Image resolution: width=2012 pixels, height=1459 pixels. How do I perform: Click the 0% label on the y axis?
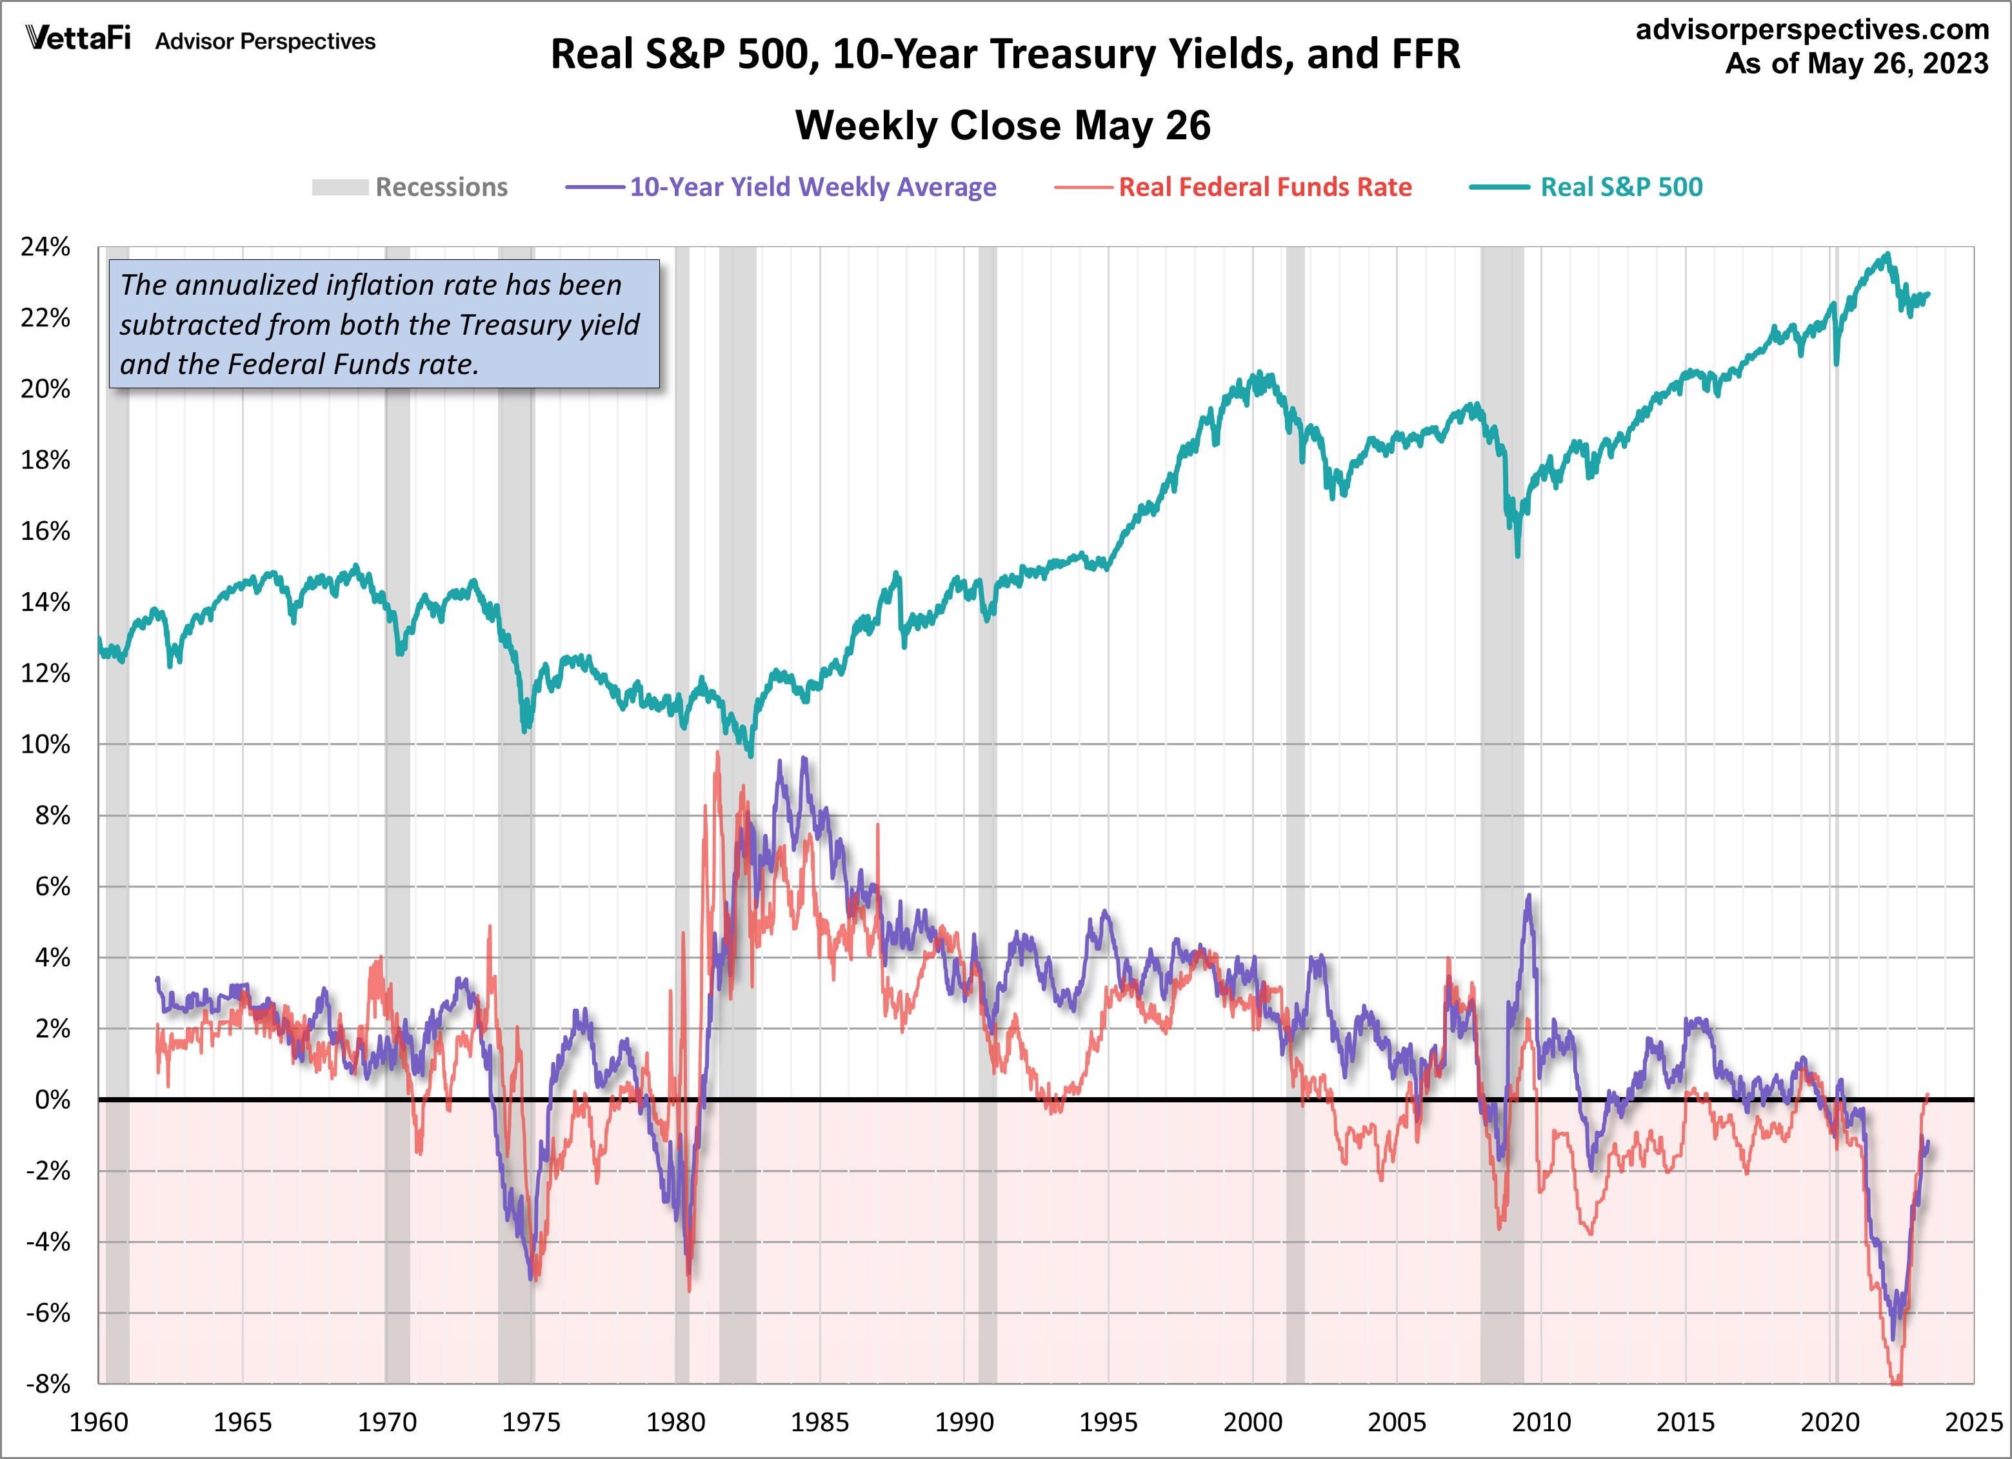(x=52, y=1100)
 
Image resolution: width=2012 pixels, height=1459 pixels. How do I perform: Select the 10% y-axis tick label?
(x=46, y=744)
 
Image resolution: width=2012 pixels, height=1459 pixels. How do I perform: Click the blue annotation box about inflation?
(x=383, y=324)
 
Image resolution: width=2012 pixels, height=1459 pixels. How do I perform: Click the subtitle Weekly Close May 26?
(x=1002, y=125)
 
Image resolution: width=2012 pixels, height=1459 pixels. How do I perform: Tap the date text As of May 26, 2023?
(x=1856, y=64)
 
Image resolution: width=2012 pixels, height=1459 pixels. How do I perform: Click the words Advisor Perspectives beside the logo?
(x=265, y=42)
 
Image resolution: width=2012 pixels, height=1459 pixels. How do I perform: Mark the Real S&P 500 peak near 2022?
(x=1887, y=255)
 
